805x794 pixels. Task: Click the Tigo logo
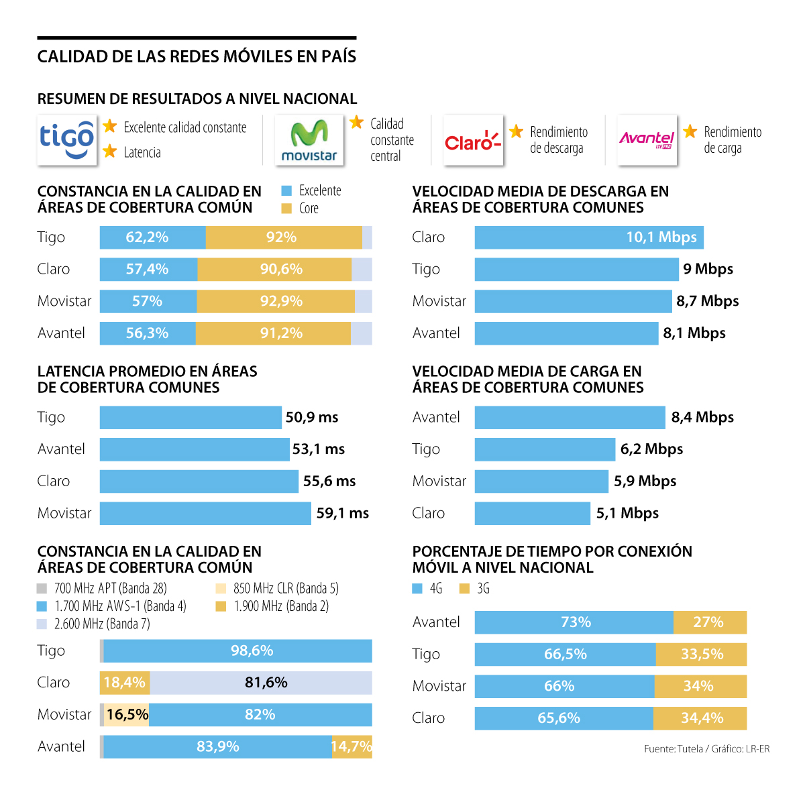click(x=66, y=140)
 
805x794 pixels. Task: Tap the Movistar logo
click(x=309, y=140)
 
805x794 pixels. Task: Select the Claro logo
click(x=473, y=140)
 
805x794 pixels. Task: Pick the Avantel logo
click(x=647, y=139)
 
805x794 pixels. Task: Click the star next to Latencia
click(x=110, y=152)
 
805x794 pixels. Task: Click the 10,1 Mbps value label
click(x=661, y=237)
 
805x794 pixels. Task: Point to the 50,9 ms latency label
click(x=312, y=417)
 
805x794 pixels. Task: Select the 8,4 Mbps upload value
click(x=702, y=417)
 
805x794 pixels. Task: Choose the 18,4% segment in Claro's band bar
click(x=125, y=683)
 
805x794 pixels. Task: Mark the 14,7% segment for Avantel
click(x=352, y=747)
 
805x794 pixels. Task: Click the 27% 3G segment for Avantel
click(x=709, y=622)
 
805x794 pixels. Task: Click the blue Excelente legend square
click(x=286, y=191)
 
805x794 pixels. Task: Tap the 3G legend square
click(x=464, y=589)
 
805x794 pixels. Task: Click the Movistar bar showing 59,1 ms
click(x=205, y=514)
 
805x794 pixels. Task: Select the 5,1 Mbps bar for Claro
click(x=532, y=514)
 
